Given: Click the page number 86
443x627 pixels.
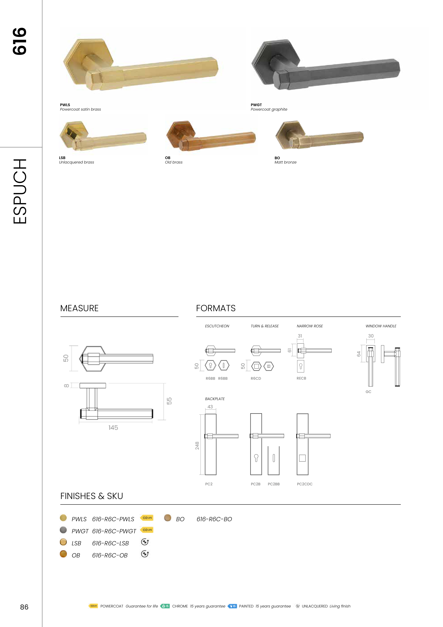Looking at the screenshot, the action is point(24,607).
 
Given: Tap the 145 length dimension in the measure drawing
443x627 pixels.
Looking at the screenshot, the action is point(113,428).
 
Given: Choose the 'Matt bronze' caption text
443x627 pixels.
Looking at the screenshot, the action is point(285,162).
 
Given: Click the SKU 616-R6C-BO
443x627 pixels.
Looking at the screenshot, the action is point(214,519).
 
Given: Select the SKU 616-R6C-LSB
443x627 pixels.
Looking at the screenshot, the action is point(110,543).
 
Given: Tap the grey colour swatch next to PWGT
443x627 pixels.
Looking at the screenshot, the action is point(63,530).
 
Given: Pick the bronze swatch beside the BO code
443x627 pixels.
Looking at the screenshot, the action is point(168,518).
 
